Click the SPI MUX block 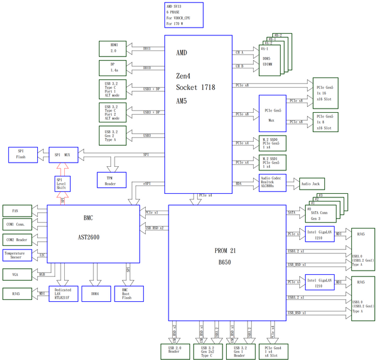click(x=63, y=154)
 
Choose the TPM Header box click(x=110, y=179)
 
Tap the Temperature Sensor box click(x=18, y=255)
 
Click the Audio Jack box click(x=309, y=184)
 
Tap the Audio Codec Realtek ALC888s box click(x=273, y=184)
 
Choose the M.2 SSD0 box click(x=273, y=143)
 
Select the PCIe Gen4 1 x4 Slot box click(x=273, y=351)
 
